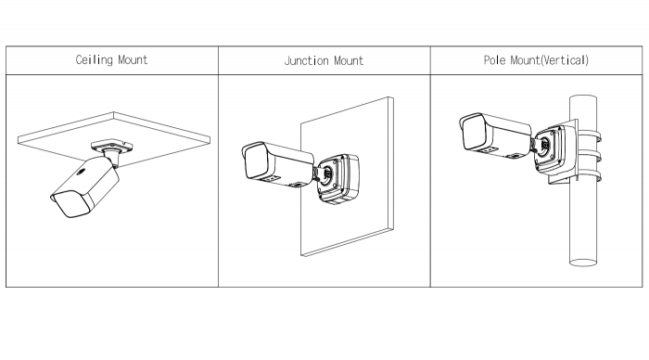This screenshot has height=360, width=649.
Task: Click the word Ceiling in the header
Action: click(x=94, y=60)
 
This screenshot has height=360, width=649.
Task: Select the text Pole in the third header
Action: click(x=494, y=60)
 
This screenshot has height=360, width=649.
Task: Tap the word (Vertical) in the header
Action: click(x=565, y=60)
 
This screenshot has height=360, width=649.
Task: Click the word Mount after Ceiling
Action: click(x=133, y=60)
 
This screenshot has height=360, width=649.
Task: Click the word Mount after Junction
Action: click(x=349, y=61)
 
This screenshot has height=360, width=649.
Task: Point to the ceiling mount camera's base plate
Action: click(x=112, y=146)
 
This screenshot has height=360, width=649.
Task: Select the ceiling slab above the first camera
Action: click(x=114, y=133)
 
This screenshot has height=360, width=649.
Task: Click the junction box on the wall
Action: click(x=338, y=179)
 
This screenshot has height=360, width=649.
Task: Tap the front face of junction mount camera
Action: click(x=257, y=163)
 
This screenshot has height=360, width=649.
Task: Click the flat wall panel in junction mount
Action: click(x=347, y=177)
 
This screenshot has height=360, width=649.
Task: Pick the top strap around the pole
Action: click(x=589, y=135)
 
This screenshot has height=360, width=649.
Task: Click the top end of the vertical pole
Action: click(x=583, y=97)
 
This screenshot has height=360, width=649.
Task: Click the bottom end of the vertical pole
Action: click(x=583, y=263)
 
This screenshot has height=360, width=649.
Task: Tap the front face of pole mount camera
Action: click(x=475, y=132)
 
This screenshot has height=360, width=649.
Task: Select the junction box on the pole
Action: click(x=554, y=149)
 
